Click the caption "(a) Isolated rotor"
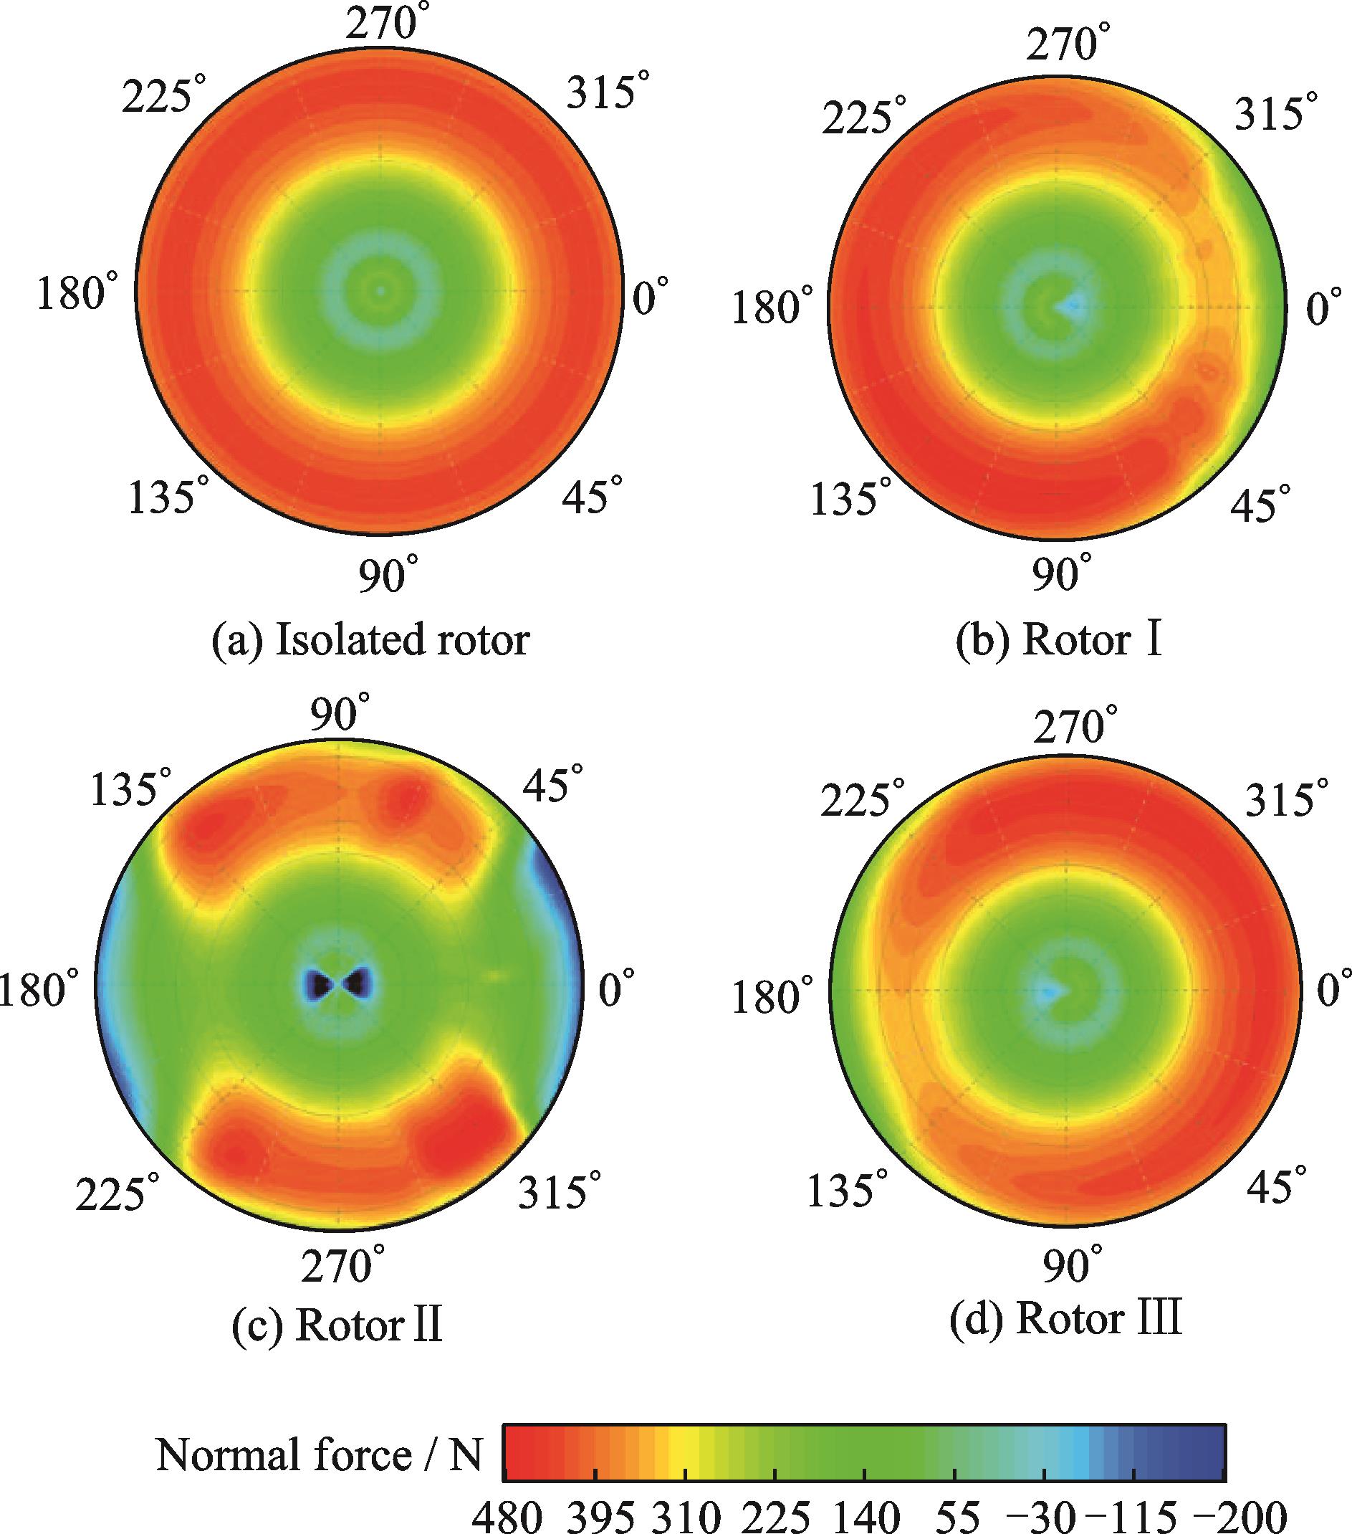click(x=370, y=640)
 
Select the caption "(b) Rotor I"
click(x=1059, y=640)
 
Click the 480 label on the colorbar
click(x=507, y=1516)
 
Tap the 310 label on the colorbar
click(x=685, y=1516)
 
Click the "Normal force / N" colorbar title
click(x=319, y=1455)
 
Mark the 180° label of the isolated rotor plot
click(x=77, y=292)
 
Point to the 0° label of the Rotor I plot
click(x=1324, y=308)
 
